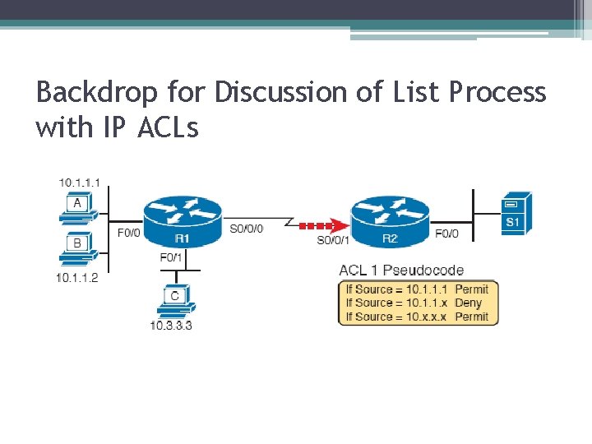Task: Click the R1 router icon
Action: [182, 218]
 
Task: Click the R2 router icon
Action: [390, 218]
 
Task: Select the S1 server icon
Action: [516, 213]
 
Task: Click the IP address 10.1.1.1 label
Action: [78, 182]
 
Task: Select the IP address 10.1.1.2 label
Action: [76, 278]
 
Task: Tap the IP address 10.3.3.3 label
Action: [171, 326]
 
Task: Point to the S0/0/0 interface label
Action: [246, 229]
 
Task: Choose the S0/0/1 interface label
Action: [333, 240]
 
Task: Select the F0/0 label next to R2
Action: [446, 234]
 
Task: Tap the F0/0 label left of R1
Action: [129, 233]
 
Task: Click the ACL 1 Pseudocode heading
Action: [401, 270]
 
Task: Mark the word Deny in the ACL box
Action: [468, 303]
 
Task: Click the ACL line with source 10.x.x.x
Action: [417, 317]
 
